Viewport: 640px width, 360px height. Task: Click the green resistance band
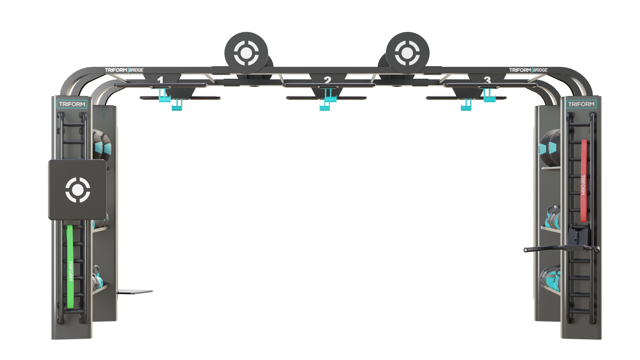[x=70, y=267]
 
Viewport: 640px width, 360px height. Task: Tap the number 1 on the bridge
[x=160, y=80]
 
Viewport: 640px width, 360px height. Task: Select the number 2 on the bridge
[x=327, y=80]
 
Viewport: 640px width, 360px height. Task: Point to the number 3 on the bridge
[x=488, y=80]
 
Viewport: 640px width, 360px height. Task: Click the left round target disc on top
[x=246, y=53]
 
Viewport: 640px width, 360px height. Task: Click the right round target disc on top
[x=407, y=53]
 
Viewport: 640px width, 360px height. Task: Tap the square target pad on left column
[x=77, y=190]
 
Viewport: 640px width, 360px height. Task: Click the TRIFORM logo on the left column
[x=72, y=104]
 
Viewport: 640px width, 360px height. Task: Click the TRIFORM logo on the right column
[x=581, y=104]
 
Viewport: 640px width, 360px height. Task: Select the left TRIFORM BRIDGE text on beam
[x=124, y=70]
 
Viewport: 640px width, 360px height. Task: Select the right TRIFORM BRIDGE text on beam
[x=528, y=70]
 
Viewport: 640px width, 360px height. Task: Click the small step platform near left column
[x=135, y=292]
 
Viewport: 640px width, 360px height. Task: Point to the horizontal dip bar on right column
[x=561, y=249]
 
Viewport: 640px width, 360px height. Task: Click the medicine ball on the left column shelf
[x=101, y=145]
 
